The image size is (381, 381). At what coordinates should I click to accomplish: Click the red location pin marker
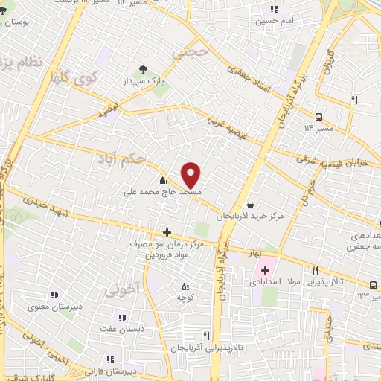(x=191, y=176)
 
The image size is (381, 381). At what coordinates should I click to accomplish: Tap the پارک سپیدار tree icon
(x=143, y=70)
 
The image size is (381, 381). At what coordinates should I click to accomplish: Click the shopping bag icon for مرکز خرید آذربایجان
(x=249, y=205)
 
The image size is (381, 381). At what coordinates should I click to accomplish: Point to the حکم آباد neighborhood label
(x=120, y=159)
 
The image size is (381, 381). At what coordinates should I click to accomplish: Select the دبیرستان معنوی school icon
(x=53, y=295)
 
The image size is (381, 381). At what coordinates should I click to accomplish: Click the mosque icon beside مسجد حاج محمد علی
(x=161, y=180)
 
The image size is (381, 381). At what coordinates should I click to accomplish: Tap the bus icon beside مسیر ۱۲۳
(x=373, y=285)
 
